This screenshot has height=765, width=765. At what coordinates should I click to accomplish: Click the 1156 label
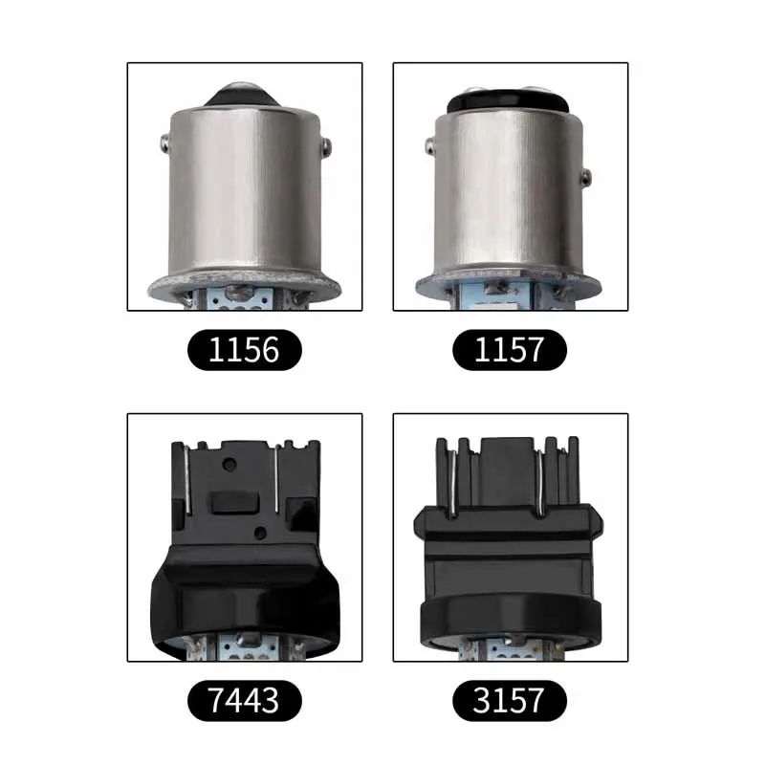pyautogui.click(x=245, y=349)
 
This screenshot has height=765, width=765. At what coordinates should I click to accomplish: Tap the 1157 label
pyautogui.click(x=510, y=349)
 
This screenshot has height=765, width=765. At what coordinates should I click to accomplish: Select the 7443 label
pyautogui.click(x=245, y=700)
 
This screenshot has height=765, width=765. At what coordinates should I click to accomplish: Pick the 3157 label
pyautogui.click(x=510, y=700)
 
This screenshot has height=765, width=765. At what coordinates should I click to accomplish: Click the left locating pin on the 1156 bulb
pyautogui.click(x=164, y=142)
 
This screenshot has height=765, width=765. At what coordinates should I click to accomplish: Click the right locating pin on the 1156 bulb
pyautogui.click(x=326, y=144)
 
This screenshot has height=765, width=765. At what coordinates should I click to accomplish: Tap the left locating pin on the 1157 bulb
pyautogui.click(x=429, y=146)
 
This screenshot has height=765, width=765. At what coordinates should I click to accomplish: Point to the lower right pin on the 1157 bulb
pyautogui.click(x=586, y=177)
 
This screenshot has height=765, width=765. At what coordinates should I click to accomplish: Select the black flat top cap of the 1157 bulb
pyautogui.click(x=508, y=101)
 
